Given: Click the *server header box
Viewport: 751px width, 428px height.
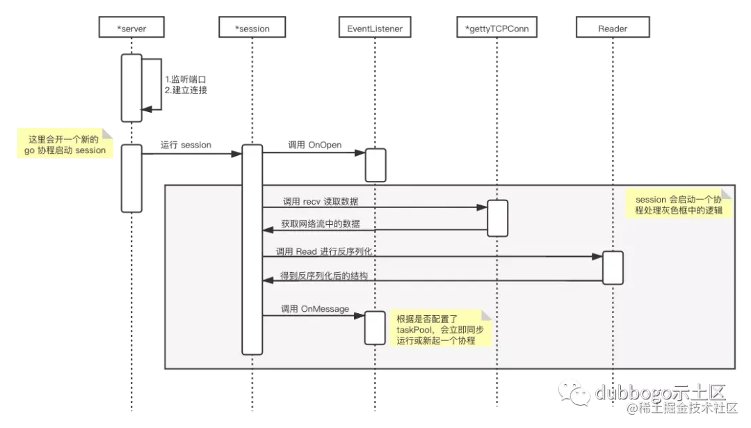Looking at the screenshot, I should tap(131, 27).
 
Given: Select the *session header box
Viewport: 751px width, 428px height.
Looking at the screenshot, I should tap(252, 27).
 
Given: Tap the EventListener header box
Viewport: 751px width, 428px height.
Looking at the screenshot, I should tap(375, 27).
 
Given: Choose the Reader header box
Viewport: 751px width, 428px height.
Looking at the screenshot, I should tap(613, 27).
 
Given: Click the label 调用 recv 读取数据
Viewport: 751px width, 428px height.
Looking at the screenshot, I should tap(321, 202).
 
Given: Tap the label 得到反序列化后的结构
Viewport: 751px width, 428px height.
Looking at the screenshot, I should tap(323, 276).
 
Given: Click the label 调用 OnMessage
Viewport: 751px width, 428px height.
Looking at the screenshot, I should tap(315, 309).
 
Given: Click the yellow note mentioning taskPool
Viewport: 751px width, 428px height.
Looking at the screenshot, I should tap(440, 328).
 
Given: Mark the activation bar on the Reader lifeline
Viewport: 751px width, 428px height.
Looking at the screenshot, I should tap(613, 268).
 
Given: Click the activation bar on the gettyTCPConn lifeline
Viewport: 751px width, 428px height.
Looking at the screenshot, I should tap(498, 218).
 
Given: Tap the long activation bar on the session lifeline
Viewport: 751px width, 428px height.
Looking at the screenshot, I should tap(252, 248).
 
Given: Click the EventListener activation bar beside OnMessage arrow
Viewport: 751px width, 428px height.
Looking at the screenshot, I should tap(375, 327).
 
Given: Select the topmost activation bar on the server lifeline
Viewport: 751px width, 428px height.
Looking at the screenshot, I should tap(131, 88).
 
